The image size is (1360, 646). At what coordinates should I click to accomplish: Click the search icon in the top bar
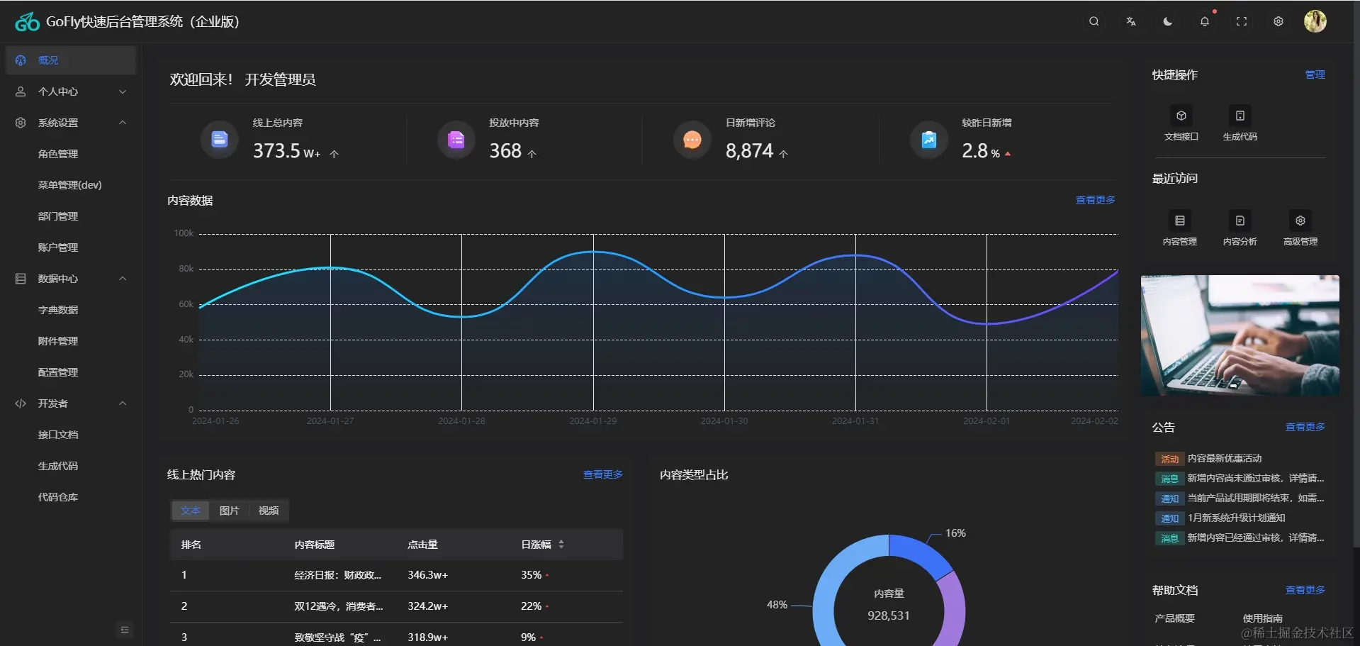(x=1094, y=21)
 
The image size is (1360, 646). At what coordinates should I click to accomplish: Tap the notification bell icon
(x=1204, y=21)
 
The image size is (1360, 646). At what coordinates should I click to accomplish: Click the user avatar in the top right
(x=1315, y=21)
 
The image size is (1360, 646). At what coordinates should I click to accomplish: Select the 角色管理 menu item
(x=58, y=154)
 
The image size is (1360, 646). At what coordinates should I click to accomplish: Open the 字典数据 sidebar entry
(x=58, y=310)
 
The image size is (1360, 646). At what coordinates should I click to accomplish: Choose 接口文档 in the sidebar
(x=58, y=435)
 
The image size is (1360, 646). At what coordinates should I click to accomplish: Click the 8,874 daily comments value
(x=749, y=151)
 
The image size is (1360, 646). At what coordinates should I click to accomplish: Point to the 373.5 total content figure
(x=277, y=151)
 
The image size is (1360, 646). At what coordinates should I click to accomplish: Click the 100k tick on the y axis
(x=184, y=233)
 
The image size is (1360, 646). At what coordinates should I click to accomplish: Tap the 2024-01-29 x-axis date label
(x=592, y=421)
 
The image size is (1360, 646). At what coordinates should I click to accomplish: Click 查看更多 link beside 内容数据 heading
(x=1095, y=200)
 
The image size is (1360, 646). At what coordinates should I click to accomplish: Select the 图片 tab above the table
(x=229, y=511)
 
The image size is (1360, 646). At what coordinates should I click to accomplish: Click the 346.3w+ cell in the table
(x=427, y=575)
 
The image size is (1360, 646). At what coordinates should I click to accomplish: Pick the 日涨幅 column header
(x=536, y=545)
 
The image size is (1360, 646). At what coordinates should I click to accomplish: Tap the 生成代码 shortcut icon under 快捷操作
(x=1240, y=116)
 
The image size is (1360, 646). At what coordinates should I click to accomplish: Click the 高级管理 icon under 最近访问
(x=1300, y=221)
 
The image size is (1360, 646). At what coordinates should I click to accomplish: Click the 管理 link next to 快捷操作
(x=1315, y=74)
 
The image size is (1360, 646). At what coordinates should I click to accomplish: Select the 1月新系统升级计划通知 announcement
(x=1236, y=518)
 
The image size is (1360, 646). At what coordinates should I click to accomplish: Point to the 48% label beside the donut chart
(x=777, y=605)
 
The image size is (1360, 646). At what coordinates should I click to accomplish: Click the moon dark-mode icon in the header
(x=1167, y=21)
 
